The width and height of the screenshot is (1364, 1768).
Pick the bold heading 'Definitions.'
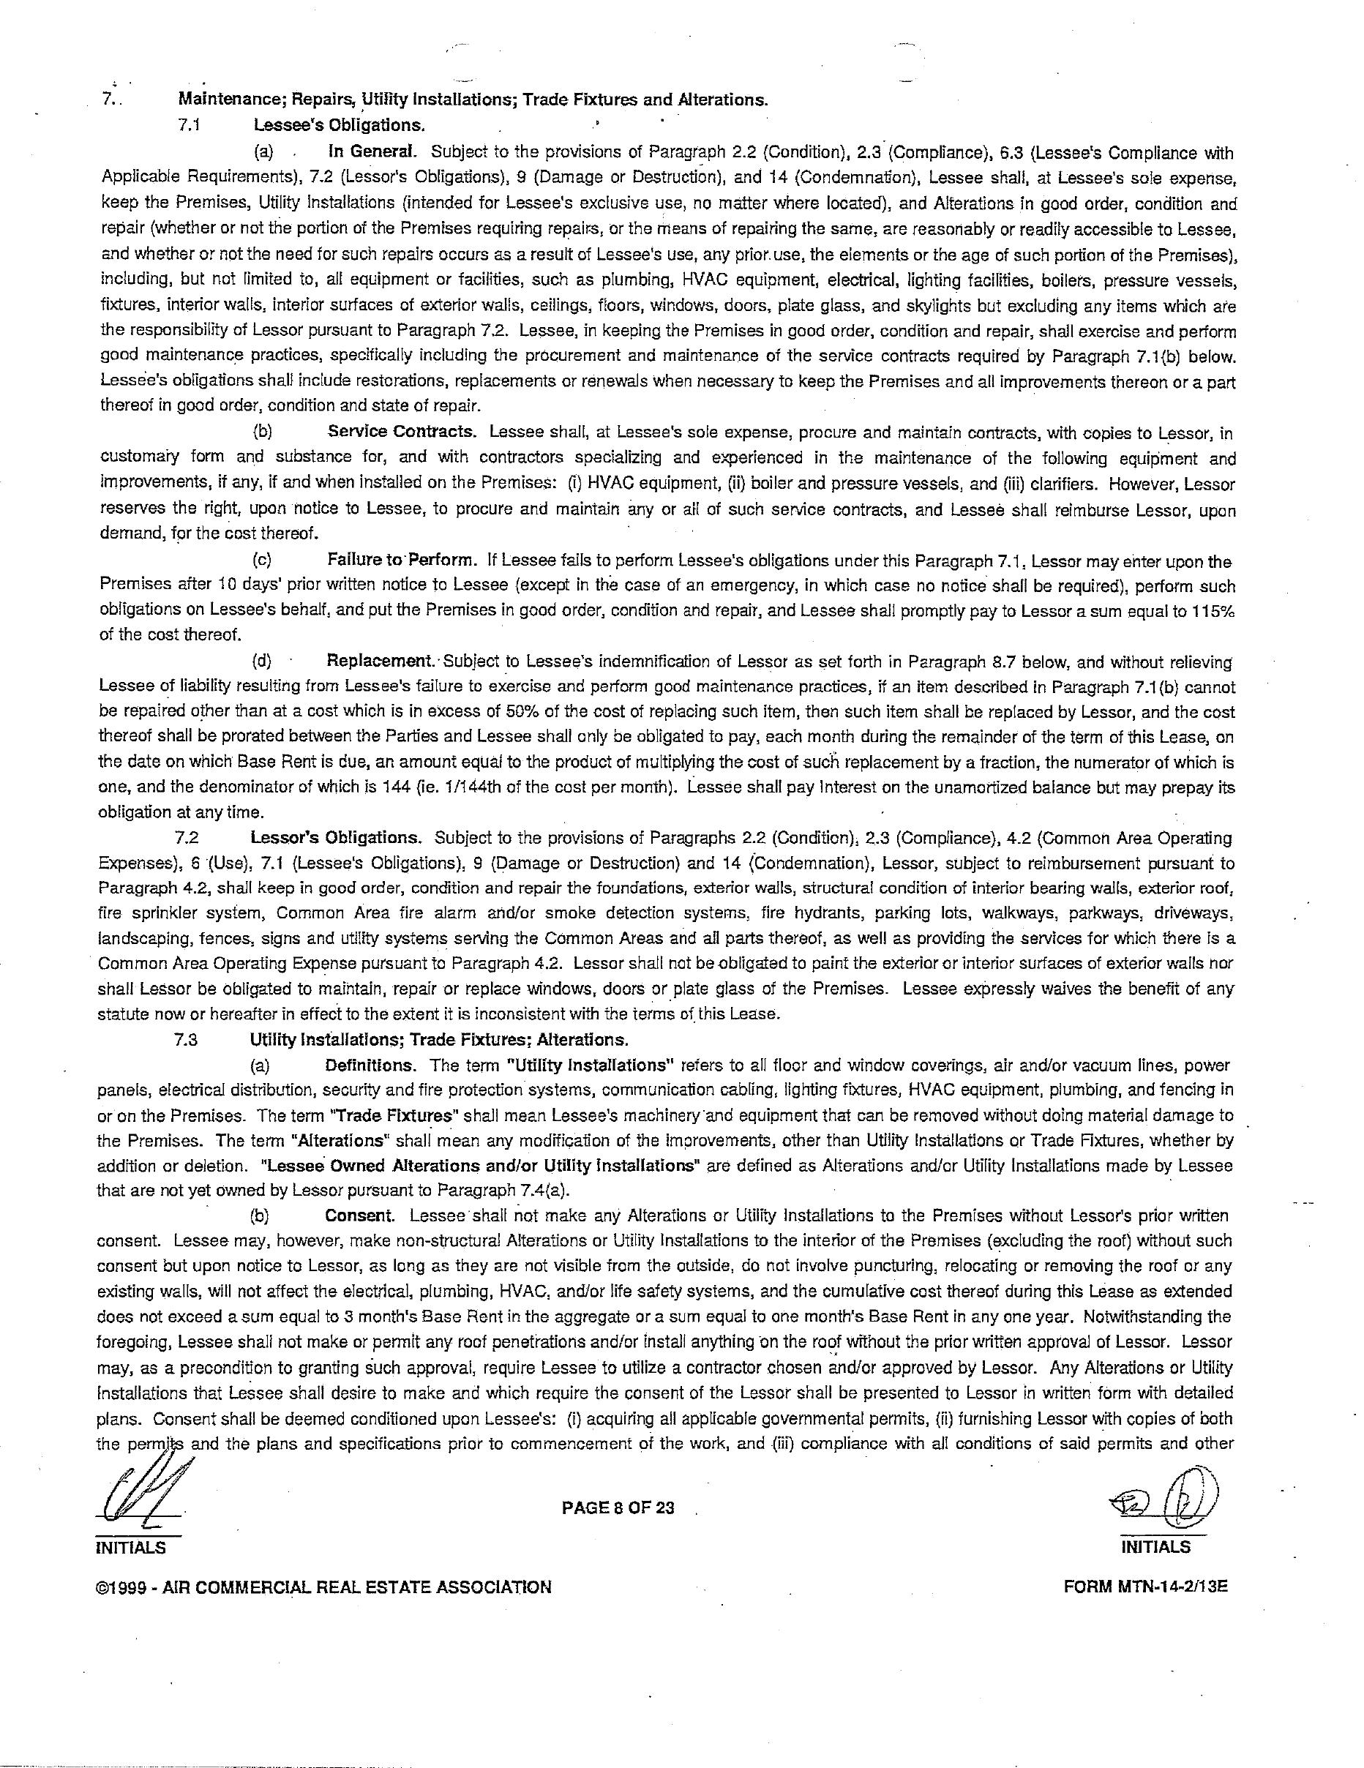click(x=370, y=1065)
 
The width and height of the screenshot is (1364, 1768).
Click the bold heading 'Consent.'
click(x=359, y=1216)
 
